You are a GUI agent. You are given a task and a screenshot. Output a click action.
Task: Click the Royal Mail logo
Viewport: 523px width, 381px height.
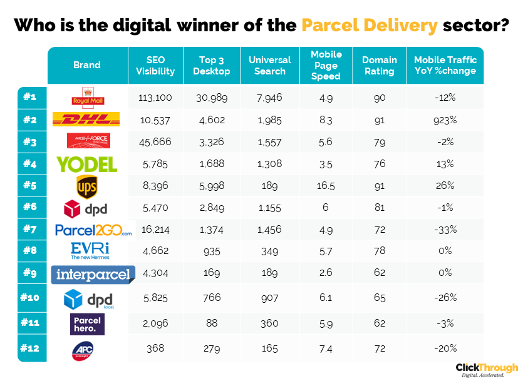point(87,97)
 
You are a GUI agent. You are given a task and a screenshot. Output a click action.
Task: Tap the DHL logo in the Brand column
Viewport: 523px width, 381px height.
point(86,119)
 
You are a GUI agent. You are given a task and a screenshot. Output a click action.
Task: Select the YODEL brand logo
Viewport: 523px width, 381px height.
point(87,164)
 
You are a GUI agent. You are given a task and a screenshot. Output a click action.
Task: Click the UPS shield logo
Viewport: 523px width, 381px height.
point(87,186)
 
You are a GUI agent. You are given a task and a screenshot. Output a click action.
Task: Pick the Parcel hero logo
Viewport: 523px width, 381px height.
point(87,324)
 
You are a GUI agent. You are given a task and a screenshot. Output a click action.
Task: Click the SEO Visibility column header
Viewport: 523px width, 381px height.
point(155,66)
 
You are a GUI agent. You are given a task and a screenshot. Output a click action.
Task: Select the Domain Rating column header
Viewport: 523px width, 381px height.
point(380,66)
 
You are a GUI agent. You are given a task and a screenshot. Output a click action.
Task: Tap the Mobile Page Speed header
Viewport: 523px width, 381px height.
point(326,66)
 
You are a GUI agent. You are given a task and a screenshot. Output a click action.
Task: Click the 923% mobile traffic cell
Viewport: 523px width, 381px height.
point(445,119)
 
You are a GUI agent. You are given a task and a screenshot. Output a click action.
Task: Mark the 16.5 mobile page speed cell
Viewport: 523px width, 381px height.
point(326,186)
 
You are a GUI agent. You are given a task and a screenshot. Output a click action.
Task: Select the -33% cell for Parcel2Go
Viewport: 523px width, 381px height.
point(445,230)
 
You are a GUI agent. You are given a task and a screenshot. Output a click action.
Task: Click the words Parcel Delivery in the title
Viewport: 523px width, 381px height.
point(369,26)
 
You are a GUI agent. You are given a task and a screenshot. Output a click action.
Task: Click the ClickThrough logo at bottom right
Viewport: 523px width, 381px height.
point(486,369)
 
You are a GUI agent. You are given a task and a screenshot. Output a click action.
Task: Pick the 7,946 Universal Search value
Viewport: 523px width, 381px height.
point(270,98)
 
